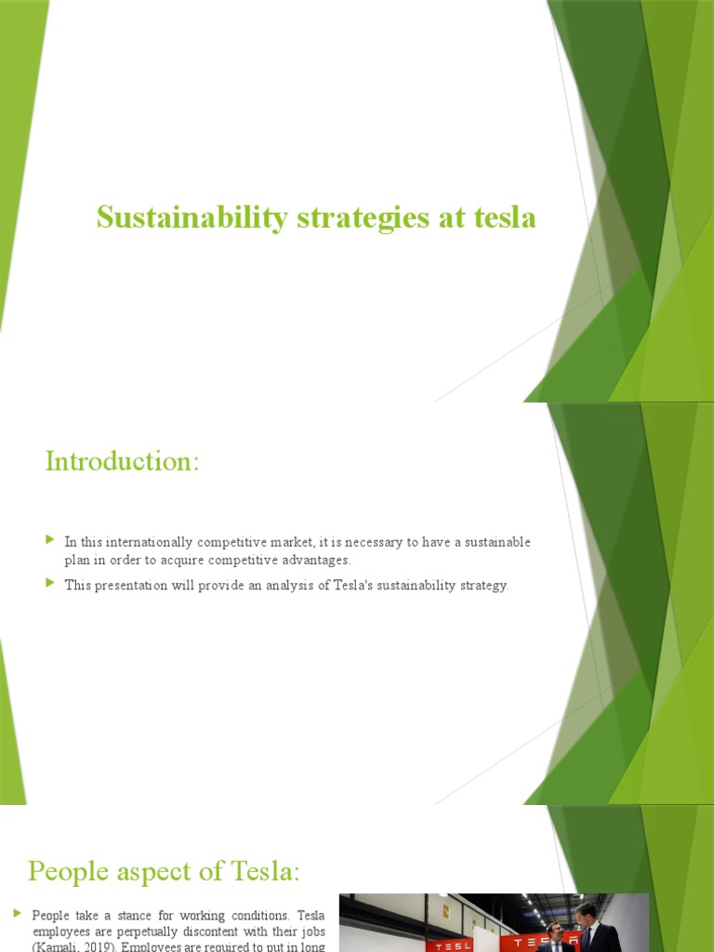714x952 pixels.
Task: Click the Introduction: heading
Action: pos(122,461)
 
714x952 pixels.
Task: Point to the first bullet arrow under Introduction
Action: pos(50,539)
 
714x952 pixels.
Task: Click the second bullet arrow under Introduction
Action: pos(50,584)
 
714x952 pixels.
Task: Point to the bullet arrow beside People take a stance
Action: pos(18,914)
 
